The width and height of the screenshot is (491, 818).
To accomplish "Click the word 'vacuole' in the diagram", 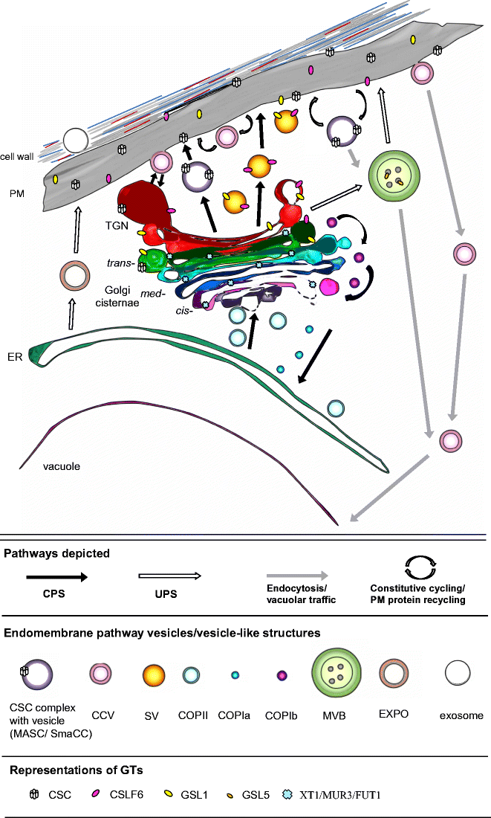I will pyautogui.click(x=62, y=466).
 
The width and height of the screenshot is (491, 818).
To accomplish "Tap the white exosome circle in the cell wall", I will pyautogui.click(x=76, y=140).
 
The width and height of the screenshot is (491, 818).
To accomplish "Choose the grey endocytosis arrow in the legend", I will pyautogui.click(x=296, y=577).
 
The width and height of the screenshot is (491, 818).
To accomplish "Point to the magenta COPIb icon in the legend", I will pyautogui.click(x=282, y=675).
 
